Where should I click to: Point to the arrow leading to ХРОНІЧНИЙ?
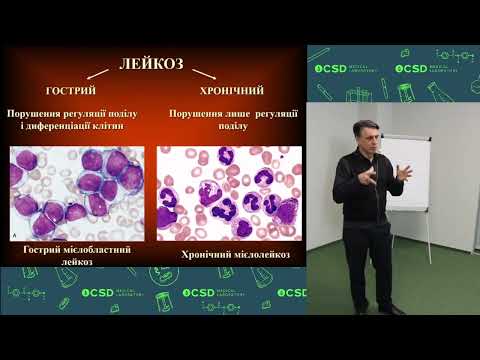204,74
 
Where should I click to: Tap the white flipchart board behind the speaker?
431,169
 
